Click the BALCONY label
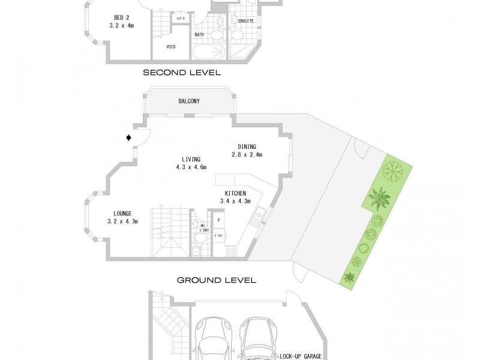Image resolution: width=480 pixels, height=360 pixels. pos(189,101)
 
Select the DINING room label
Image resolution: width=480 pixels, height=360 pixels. pos(247,146)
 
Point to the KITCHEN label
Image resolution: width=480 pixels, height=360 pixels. pos(236,193)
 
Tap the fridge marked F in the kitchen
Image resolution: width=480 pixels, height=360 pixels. pos(219,221)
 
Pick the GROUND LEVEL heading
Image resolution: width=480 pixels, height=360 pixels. pos(216,280)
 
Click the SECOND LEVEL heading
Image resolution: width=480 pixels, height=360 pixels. pos(182,73)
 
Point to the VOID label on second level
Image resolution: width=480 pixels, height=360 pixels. pos(170,46)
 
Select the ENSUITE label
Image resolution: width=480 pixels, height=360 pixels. pos(246,21)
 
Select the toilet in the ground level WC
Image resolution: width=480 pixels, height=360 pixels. pos(197,227)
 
